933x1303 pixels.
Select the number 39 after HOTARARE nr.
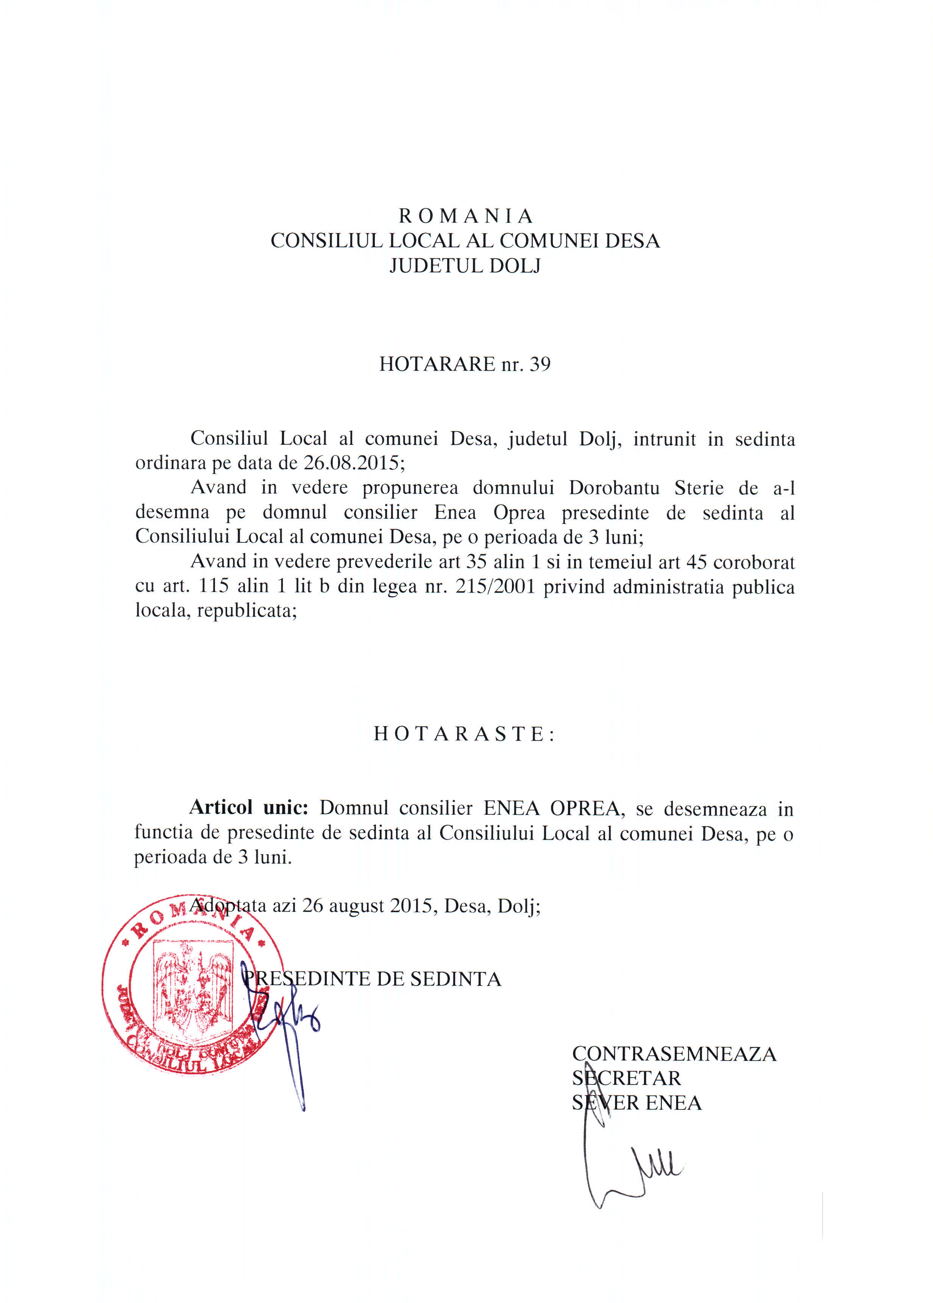click(x=540, y=364)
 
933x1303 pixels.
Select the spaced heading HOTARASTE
click(x=464, y=734)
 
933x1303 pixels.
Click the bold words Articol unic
click(x=249, y=808)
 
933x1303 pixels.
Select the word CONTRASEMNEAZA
click(x=674, y=1054)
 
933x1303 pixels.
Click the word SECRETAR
click(x=626, y=1078)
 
